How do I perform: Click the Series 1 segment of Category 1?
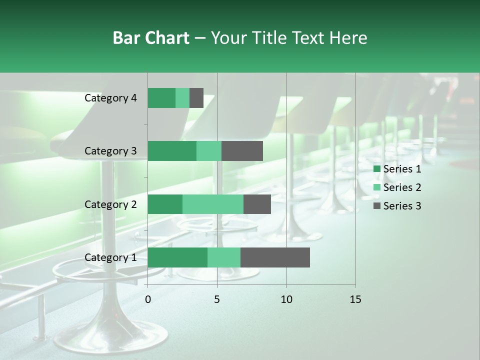point(177,257)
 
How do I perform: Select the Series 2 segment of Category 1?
point(224,257)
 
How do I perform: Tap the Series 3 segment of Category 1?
point(275,257)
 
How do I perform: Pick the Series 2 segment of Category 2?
point(213,204)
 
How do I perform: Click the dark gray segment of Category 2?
point(257,204)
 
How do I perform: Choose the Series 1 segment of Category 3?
point(172,151)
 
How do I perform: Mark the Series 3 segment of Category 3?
point(242,151)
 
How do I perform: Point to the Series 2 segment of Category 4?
point(182,98)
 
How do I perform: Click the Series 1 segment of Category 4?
point(161,98)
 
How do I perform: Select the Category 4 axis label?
point(110,98)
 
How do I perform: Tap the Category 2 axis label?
point(110,204)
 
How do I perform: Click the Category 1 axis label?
point(110,257)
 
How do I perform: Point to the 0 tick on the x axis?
point(148,299)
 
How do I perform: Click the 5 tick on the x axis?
point(217,299)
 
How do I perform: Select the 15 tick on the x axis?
point(355,299)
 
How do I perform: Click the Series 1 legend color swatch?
point(376,169)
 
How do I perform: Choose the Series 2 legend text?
point(402,187)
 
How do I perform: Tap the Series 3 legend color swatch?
point(376,206)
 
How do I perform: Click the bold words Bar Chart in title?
point(150,38)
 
